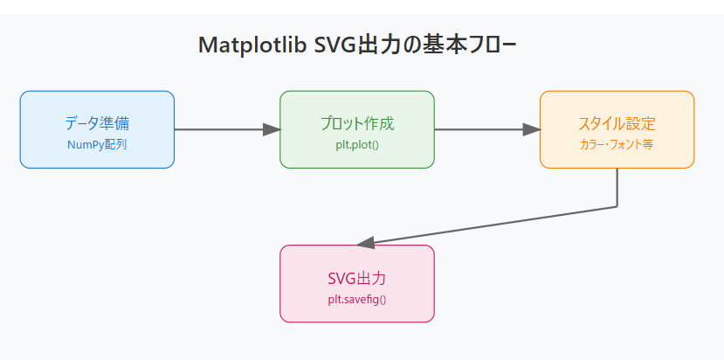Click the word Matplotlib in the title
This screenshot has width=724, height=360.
coord(252,45)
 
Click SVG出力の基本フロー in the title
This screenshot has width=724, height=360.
coord(416,45)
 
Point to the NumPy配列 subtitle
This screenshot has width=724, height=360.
coord(97,144)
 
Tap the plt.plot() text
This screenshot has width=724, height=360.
coord(356,144)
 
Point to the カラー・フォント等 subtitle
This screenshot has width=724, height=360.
coord(617,144)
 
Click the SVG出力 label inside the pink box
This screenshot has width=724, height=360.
coord(356,280)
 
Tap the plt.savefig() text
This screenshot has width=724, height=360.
coord(356,300)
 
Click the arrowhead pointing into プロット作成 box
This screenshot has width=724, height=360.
coord(271,129)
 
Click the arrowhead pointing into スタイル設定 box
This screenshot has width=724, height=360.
coord(531,129)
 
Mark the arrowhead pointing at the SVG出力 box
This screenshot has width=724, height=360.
coord(366,243)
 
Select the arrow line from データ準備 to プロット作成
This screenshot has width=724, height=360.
coord(218,129)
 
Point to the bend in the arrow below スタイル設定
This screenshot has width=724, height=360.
coord(617,206)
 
